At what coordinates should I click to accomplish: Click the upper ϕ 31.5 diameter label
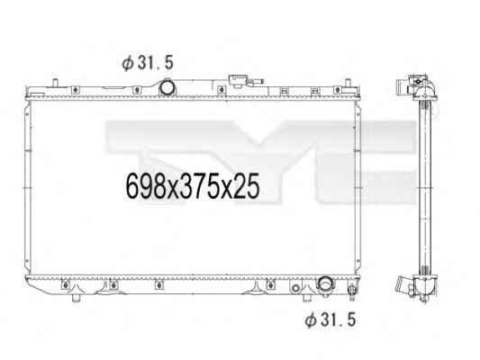pos(148,63)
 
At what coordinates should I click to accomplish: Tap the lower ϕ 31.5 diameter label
pos(331,319)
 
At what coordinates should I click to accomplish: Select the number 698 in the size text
pos(146,185)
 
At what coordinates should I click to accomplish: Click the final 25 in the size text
pos(247,185)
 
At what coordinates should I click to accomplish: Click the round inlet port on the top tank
pos(168,87)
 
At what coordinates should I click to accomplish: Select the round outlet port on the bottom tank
pos(325,283)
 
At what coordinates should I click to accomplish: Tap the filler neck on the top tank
pos(237,81)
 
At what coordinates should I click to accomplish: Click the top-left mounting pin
pos(55,83)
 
